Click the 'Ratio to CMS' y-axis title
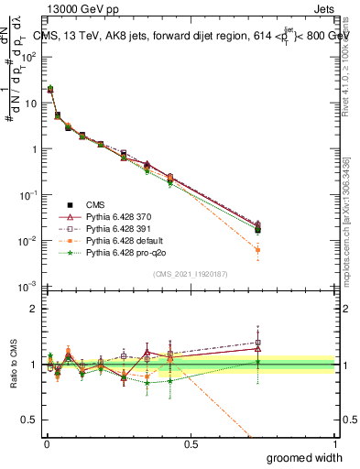pyautogui.click(x=12, y=365)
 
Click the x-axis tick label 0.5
pyautogui.click(x=191, y=442)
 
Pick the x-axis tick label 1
pyautogui.click(x=334, y=442)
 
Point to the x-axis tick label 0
pyautogui.click(x=46, y=442)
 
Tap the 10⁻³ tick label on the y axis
pyautogui.click(x=29, y=287)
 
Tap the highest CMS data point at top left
pyautogui.click(x=49, y=90)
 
